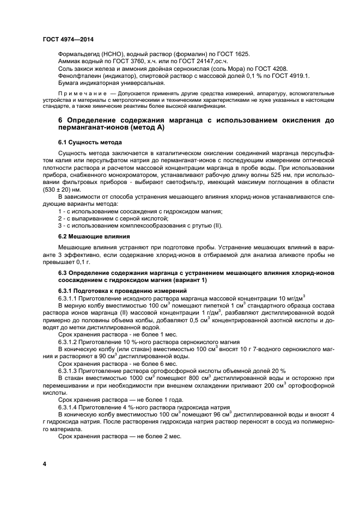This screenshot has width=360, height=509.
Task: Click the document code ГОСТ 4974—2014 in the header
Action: click(66, 39)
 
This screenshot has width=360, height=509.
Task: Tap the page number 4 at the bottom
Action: click(45, 463)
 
